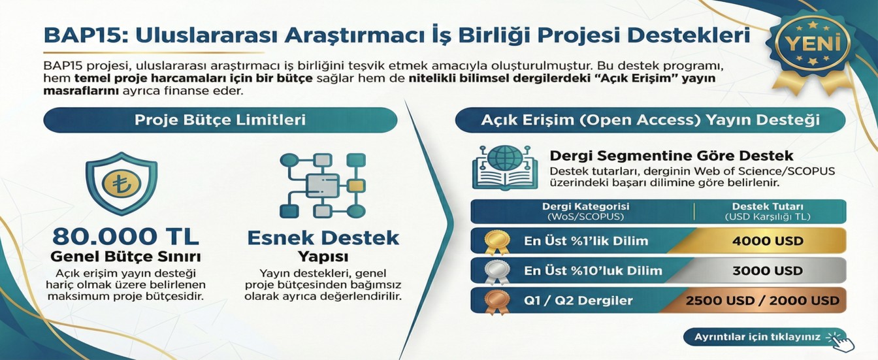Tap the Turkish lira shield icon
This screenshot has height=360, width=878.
tap(121, 184)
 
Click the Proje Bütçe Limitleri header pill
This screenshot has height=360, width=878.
tap(220, 120)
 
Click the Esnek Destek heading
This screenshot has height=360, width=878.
tap(323, 237)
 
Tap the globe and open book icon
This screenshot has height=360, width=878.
tap(500, 167)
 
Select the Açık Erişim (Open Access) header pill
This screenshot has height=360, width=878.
tap(650, 120)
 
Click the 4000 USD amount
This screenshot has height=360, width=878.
tap(768, 240)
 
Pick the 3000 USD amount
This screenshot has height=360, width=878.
tap(768, 270)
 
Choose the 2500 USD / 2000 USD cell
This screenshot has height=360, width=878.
tap(762, 301)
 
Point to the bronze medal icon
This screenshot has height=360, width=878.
tap(493, 301)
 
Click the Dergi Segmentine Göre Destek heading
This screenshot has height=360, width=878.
tap(671, 156)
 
